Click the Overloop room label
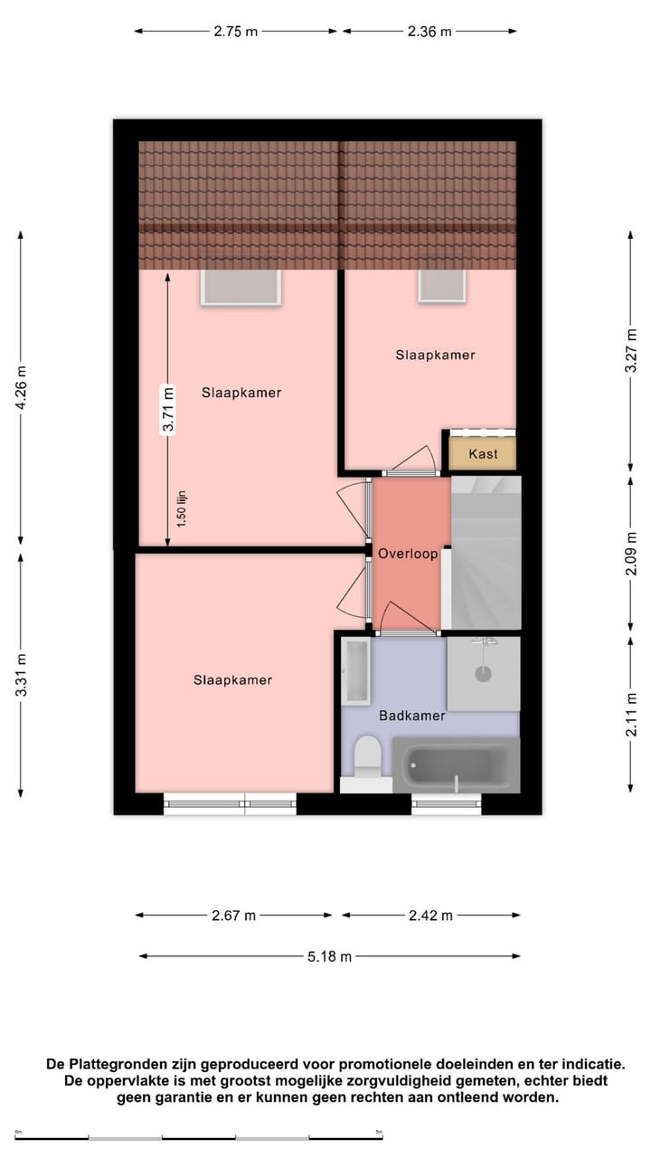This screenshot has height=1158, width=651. tap(408, 554)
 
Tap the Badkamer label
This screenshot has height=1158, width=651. tap(411, 716)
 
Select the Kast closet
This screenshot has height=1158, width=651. tap(483, 453)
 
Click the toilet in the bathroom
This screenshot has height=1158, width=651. tap(367, 757)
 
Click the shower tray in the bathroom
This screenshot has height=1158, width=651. tap(484, 674)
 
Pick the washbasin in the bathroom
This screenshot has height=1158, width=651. tap(355, 671)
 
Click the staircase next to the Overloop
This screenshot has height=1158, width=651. tap(486, 554)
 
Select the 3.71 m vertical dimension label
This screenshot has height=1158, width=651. tap(167, 410)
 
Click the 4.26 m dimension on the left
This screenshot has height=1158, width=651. tap(21, 387)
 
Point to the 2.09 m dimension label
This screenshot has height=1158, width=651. tap(632, 553)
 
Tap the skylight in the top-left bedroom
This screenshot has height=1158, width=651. tap(241, 288)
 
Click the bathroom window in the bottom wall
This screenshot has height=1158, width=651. tap(446, 803)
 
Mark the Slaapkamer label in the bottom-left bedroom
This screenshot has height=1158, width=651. tap(232, 680)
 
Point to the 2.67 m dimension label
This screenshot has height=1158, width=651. tap(233, 916)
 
